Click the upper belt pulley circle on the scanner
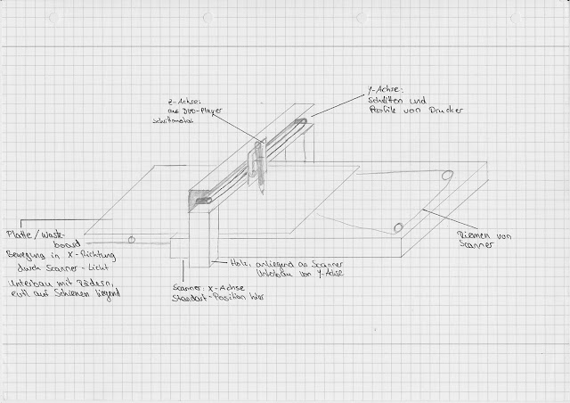446,175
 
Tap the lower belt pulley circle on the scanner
398,226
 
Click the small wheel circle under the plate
132,239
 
